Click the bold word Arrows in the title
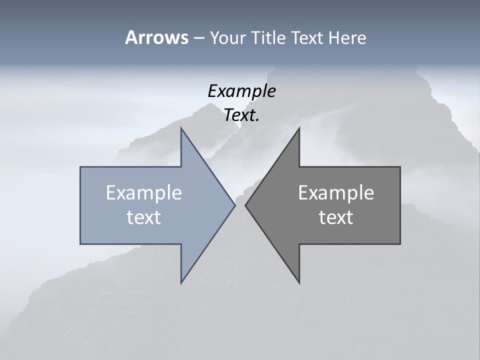click(156, 37)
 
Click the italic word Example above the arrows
click(241, 91)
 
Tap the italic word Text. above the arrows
click(241, 115)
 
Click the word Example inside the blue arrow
click(144, 192)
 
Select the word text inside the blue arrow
click(144, 217)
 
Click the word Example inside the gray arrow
click(336, 192)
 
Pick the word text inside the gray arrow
click(336, 217)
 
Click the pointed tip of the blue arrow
click(235, 205)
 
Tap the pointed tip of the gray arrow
click(245, 205)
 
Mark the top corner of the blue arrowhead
click(181, 128)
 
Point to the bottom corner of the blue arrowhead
click(181, 283)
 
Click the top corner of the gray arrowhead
click(299, 128)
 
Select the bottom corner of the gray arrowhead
click(299, 283)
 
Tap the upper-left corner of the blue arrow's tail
click(80, 167)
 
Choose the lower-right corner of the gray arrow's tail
click(400, 244)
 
